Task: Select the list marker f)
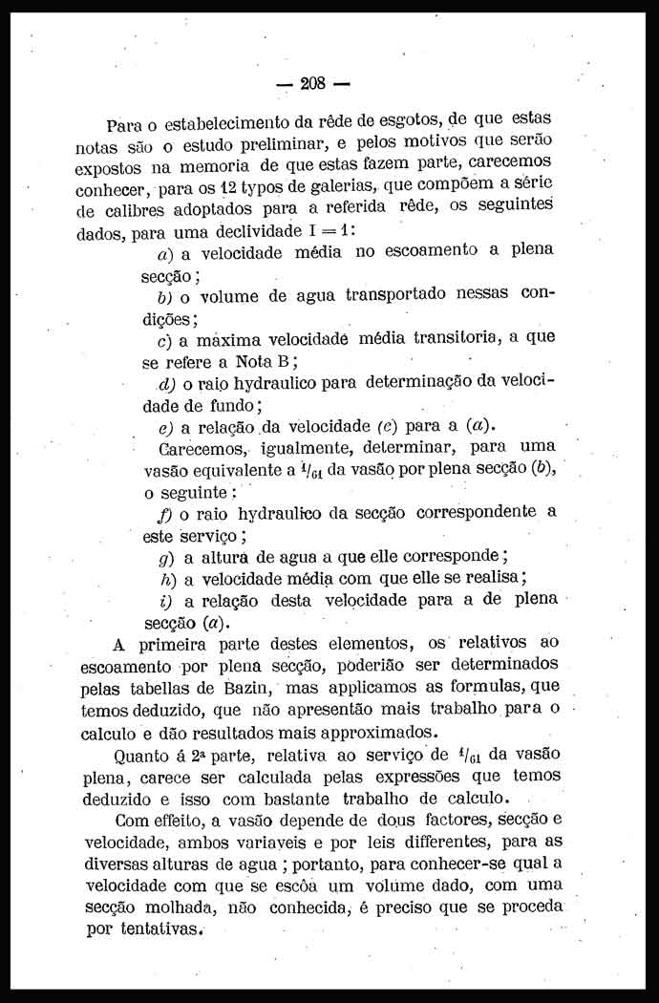coord(163,513)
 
